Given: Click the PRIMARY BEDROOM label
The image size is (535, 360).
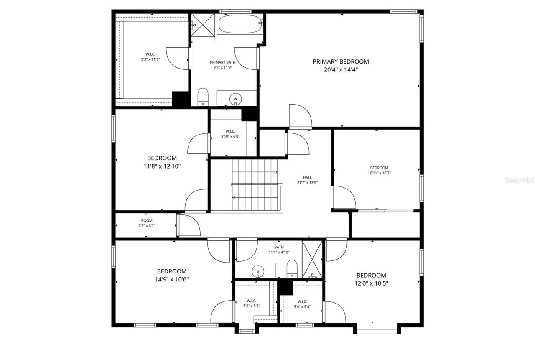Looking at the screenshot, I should click(341, 61).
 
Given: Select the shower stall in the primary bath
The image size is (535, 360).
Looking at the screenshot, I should click(203, 25).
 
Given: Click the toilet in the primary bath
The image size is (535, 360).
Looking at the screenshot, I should click(203, 97).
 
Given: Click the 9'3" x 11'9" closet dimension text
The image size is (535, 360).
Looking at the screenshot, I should click(150, 59).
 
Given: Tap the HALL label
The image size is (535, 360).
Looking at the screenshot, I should click(307, 177).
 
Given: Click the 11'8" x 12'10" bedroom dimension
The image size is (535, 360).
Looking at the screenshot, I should click(161, 166).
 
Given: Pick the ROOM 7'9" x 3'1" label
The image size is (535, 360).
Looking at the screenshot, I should click(147, 223).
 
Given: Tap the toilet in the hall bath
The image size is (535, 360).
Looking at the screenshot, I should click(292, 268).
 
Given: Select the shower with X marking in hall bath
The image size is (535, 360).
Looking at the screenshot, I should click(312, 259).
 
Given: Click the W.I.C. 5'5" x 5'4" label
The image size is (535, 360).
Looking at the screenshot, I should click(251, 304).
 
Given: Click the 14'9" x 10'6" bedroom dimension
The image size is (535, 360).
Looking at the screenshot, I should click(172, 279).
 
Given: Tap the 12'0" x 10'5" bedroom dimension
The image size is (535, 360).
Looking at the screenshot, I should click(371, 283).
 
